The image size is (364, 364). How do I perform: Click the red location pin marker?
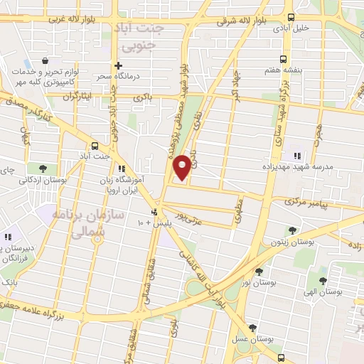tap(182, 166)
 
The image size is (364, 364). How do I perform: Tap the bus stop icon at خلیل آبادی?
tap(290, 18)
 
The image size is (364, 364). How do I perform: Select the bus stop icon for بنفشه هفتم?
tap(284, 59)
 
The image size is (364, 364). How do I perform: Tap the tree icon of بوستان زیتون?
tap(292, 230)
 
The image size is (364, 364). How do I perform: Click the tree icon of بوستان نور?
tap(259, 271)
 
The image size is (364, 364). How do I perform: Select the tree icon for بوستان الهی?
tap(323, 281)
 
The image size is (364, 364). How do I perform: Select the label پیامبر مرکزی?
tap(310, 203)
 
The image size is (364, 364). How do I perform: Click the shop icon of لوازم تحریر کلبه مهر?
tap(45, 62)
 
